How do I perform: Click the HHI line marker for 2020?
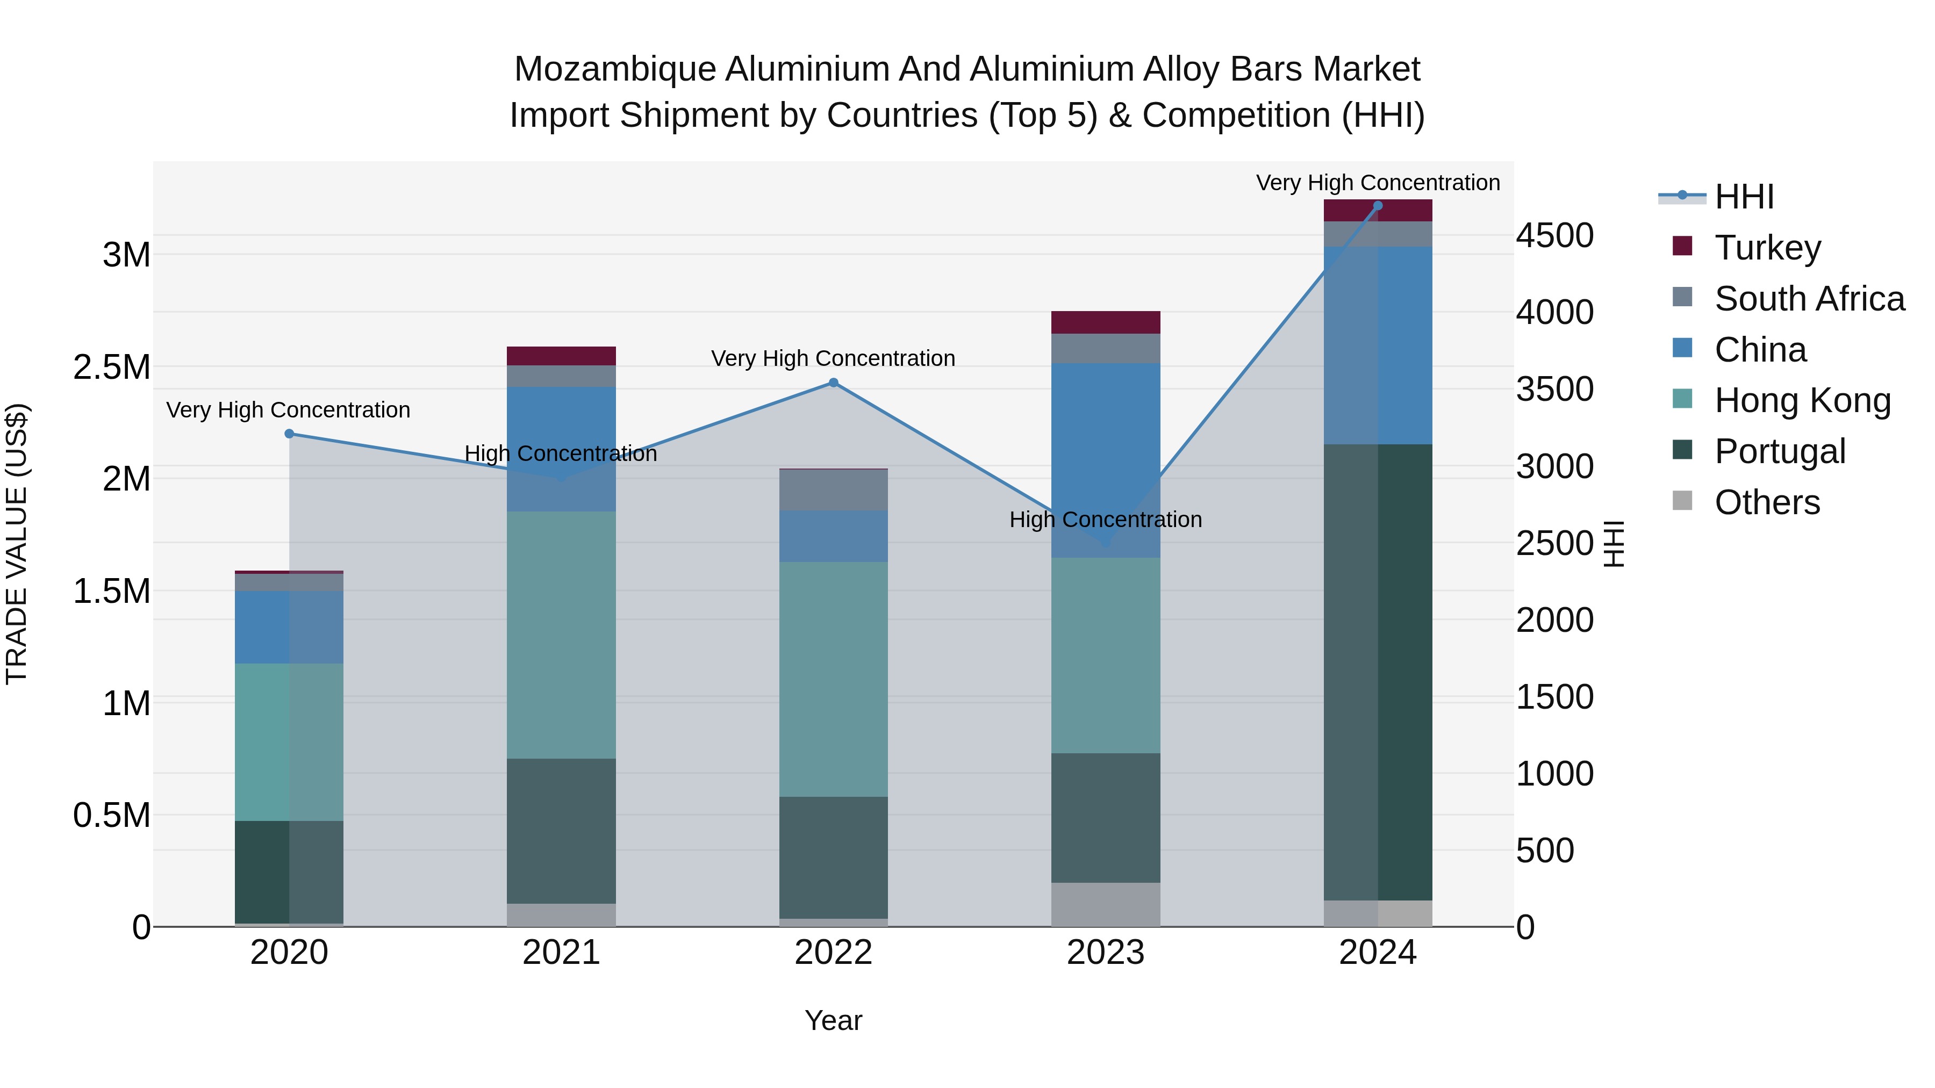pos(289,433)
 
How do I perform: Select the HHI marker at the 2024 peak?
pos(1378,206)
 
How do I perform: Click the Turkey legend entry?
pos(1767,247)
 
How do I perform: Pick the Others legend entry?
pos(1767,502)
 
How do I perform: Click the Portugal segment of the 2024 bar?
pos(1378,672)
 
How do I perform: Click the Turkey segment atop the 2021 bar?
pos(561,356)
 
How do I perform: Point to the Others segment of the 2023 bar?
pos(1105,904)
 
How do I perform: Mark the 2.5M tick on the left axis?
pos(112,367)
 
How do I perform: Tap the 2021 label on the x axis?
pos(561,953)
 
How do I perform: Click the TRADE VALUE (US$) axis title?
pos(17,544)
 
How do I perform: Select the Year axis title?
pos(833,1020)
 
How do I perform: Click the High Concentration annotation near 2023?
pos(1105,520)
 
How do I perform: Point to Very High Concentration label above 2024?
pos(1378,183)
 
